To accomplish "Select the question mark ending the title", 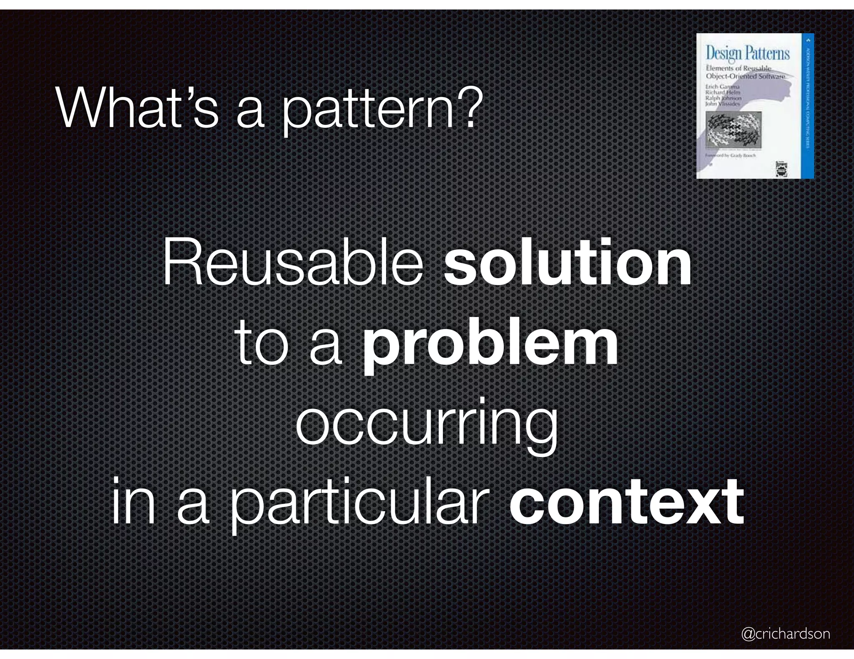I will [464, 109].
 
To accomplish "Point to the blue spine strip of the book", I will [809, 106].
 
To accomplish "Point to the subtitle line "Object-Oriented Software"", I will [745, 76].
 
